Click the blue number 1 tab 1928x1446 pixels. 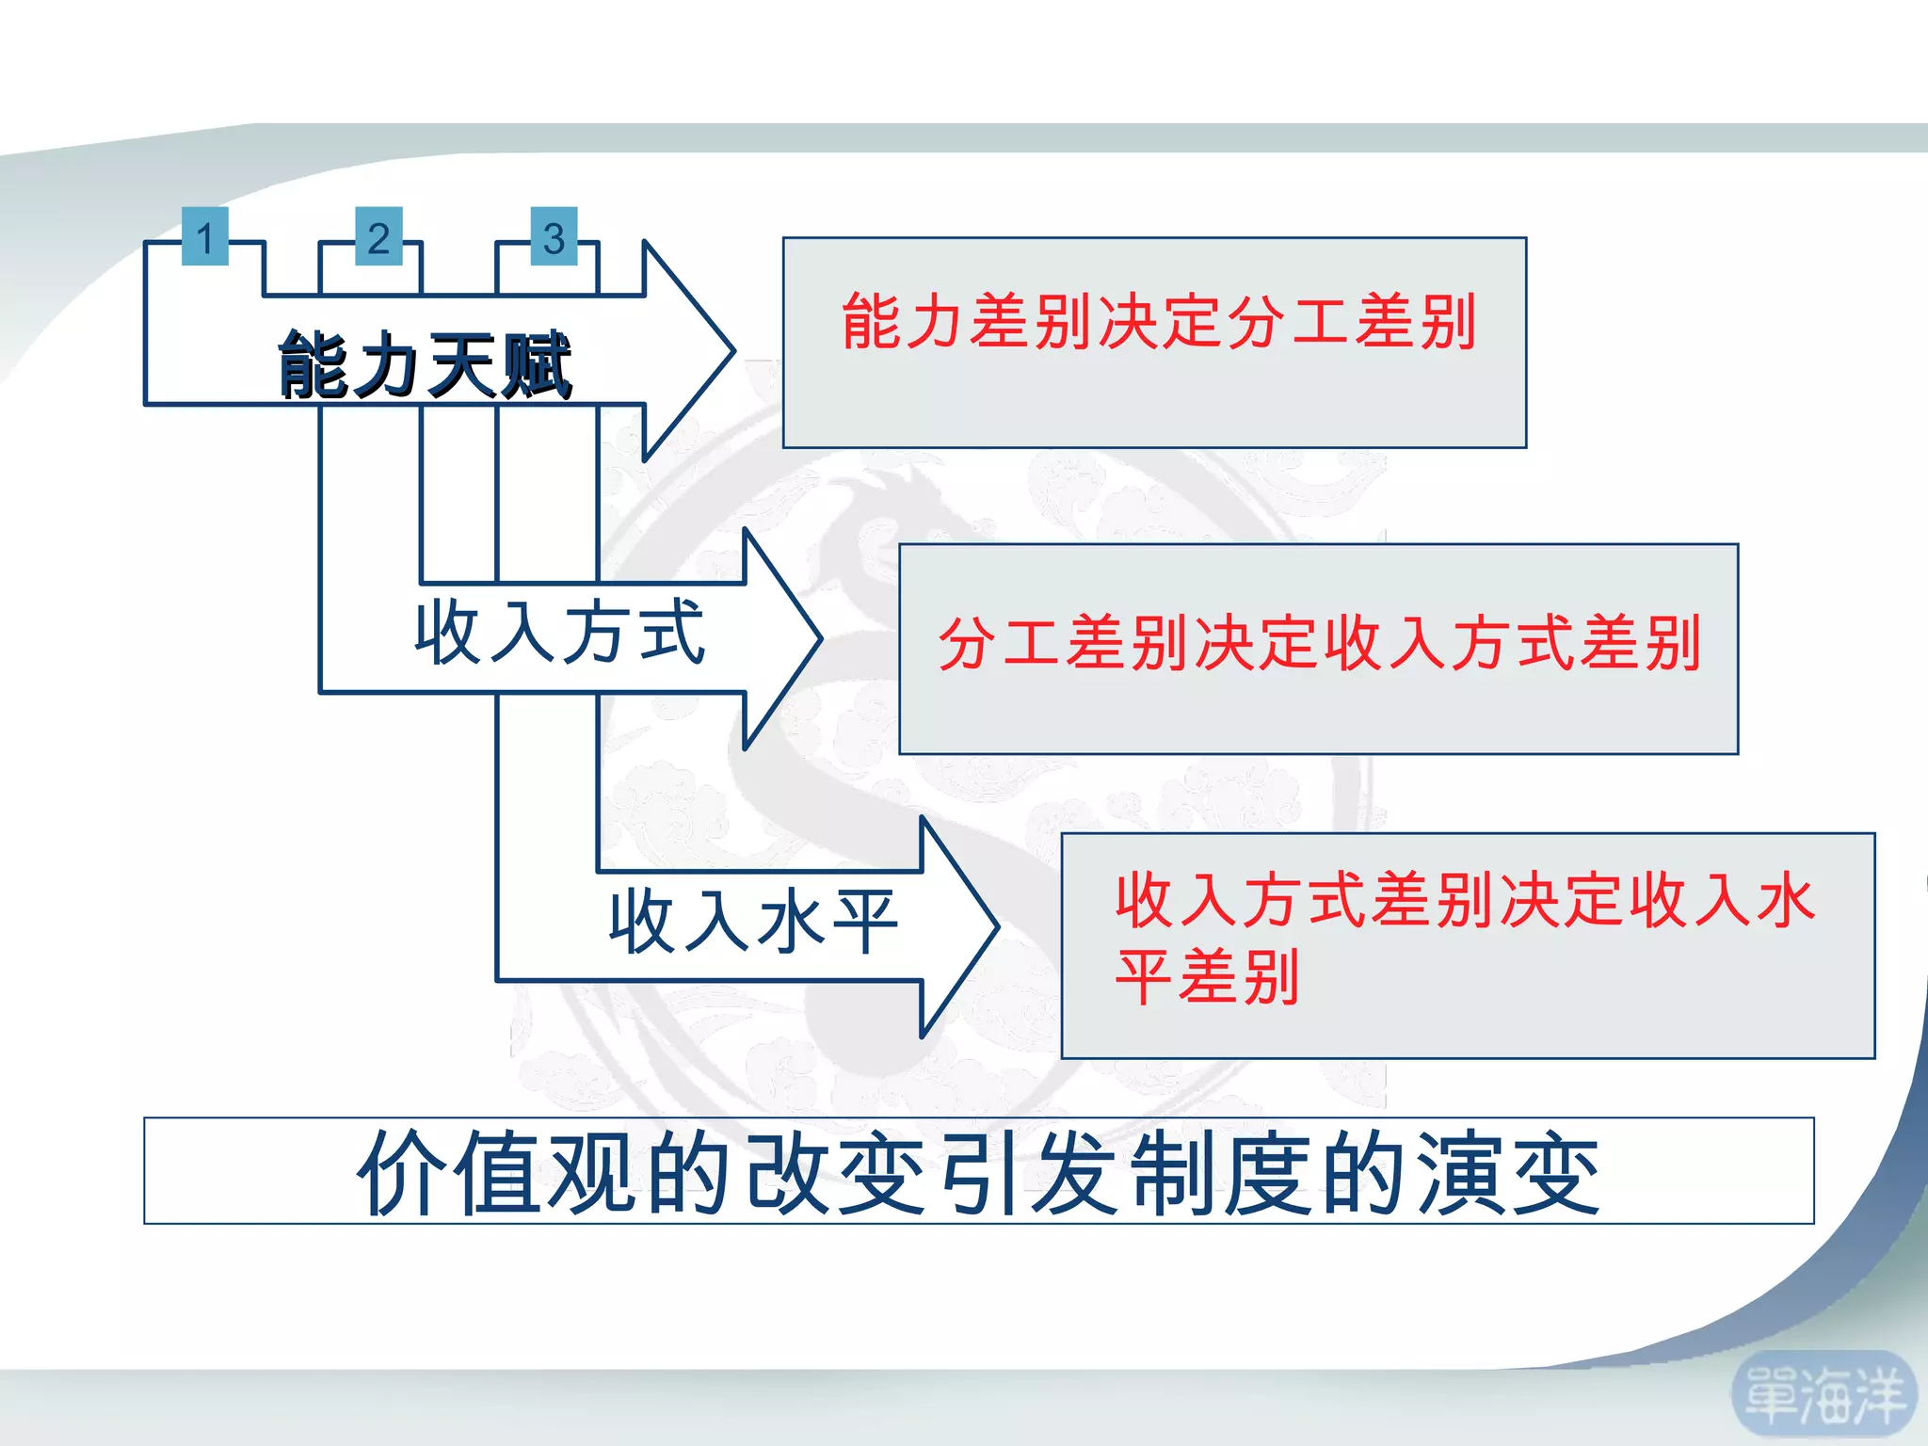(x=204, y=236)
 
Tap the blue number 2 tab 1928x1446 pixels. (x=378, y=236)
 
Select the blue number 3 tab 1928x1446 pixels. (x=554, y=236)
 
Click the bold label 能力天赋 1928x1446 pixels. (x=425, y=365)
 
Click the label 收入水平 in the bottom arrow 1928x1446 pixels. (x=753, y=922)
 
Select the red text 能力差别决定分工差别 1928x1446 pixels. (x=1158, y=321)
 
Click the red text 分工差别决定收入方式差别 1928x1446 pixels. (x=1319, y=644)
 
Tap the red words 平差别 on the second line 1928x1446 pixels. (x=1208, y=977)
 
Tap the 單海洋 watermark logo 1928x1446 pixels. (x=1824, y=1396)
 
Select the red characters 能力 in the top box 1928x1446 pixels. (x=905, y=321)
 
